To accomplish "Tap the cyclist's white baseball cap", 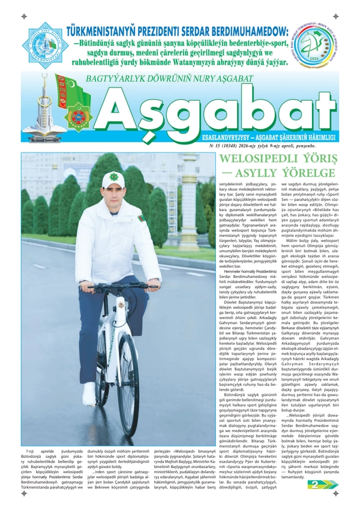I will [x=112, y=178].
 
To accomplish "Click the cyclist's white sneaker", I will [x=89, y=394].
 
